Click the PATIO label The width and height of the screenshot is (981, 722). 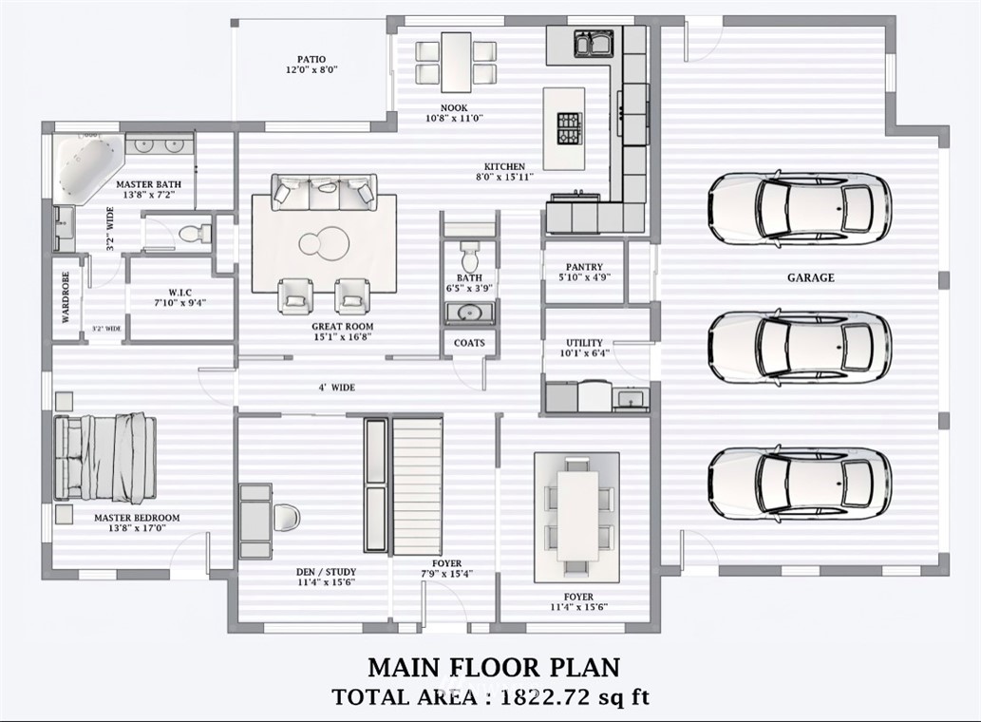click(311, 60)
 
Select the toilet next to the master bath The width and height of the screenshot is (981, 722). click(196, 234)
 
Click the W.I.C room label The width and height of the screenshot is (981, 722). click(180, 293)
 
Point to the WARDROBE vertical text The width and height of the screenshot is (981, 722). click(66, 297)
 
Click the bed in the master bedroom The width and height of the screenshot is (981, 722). click(104, 457)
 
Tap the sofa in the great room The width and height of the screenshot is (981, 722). click(324, 193)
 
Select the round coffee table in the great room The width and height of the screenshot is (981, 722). click(324, 242)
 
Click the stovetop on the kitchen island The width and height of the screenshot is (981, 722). click(570, 128)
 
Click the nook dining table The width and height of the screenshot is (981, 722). click(456, 62)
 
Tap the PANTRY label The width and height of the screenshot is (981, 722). click(584, 267)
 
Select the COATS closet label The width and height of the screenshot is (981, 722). click(469, 343)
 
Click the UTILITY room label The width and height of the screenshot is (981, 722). click(584, 343)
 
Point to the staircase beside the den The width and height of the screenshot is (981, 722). click(418, 486)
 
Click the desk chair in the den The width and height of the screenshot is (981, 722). click(287, 518)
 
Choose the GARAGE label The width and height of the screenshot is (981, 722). click(811, 277)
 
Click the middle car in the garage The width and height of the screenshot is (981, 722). click(800, 347)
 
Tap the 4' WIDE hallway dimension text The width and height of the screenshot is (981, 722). click(336, 388)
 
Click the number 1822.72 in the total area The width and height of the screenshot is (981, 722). click(544, 697)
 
